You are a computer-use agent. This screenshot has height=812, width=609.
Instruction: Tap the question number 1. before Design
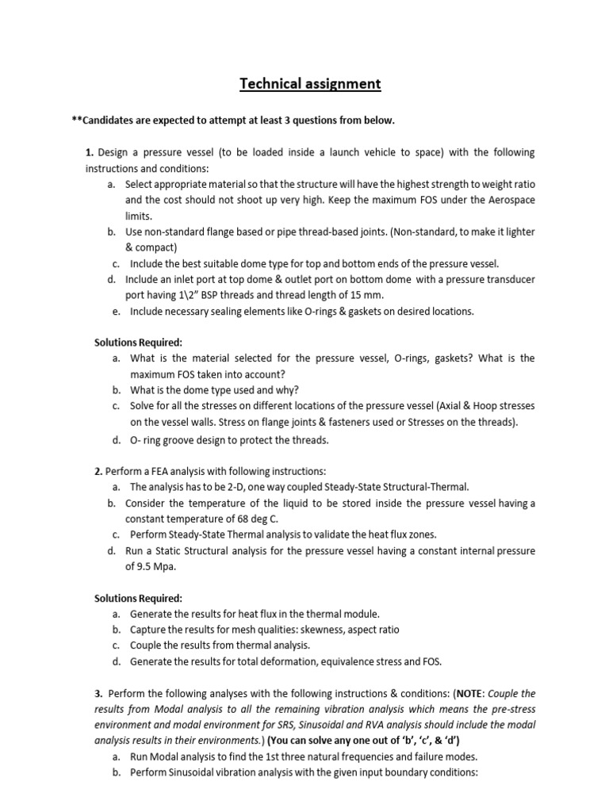click(x=90, y=151)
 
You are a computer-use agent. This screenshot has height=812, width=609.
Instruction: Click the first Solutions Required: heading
click(x=139, y=342)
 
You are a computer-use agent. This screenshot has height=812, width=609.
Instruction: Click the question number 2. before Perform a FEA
click(x=98, y=471)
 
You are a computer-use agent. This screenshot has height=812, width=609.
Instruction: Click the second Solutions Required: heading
click(x=139, y=597)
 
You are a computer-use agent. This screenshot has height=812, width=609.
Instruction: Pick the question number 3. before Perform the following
click(x=98, y=692)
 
